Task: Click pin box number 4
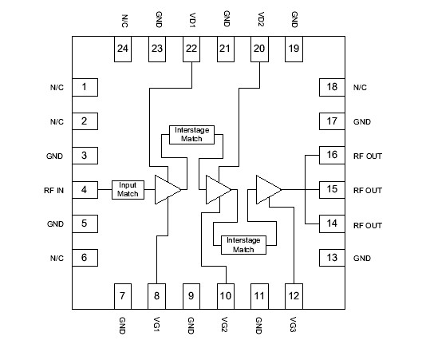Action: pyautogui.click(x=84, y=190)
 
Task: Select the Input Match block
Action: pyautogui.click(x=128, y=190)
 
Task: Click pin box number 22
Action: pyautogui.click(x=191, y=49)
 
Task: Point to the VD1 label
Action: pyautogui.click(x=191, y=19)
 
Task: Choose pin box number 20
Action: pyautogui.click(x=259, y=49)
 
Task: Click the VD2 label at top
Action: pyautogui.click(x=259, y=19)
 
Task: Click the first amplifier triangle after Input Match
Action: pyautogui.click(x=167, y=190)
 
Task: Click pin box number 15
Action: pyautogui.click(x=329, y=190)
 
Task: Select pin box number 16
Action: pyautogui.click(x=329, y=155)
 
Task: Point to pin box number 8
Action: pyautogui.click(x=156, y=295)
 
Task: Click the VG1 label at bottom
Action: pyautogui.click(x=156, y=328)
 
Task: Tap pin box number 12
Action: pyautogui.click(x=293, y=295)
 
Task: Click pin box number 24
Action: pyautogui.click(x=124, y=49)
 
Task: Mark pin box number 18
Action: pyautogui.click(x=329, y=86)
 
